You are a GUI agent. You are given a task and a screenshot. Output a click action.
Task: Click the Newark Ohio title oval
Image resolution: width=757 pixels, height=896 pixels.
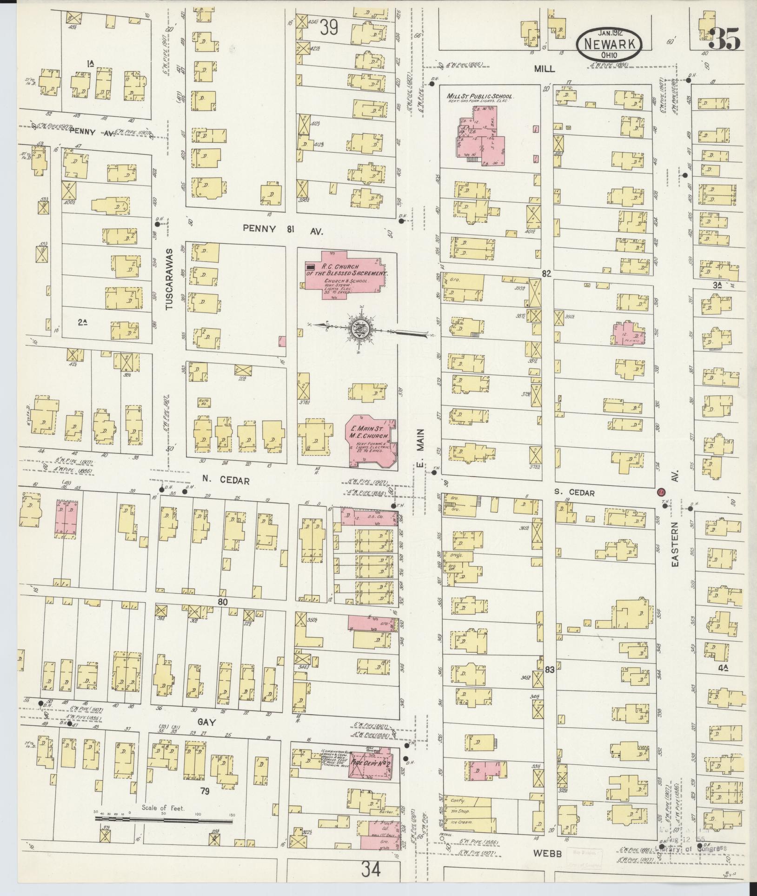coord(610,43)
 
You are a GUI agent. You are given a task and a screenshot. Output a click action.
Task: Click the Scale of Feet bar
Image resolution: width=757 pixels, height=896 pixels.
coord(164,822)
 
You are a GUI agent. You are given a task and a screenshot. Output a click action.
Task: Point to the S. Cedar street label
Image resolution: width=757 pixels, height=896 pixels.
coord(575,492)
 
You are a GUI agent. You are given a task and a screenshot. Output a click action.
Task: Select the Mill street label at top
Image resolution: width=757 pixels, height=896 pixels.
coord(544,68)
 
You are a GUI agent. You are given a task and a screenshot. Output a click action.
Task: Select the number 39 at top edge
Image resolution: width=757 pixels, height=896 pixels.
coord(329,29)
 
